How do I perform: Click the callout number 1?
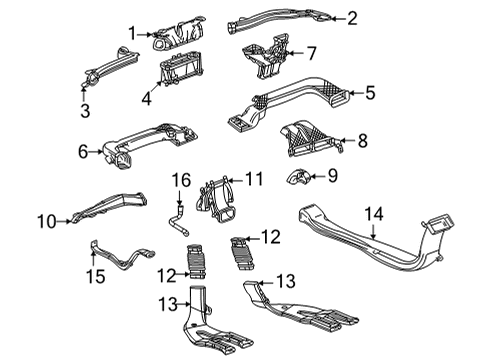131,33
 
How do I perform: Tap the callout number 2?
351,18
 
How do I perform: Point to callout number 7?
311,52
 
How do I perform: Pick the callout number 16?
180,179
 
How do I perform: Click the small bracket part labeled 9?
299,180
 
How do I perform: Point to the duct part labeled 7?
262,54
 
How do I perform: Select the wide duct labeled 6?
150,145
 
